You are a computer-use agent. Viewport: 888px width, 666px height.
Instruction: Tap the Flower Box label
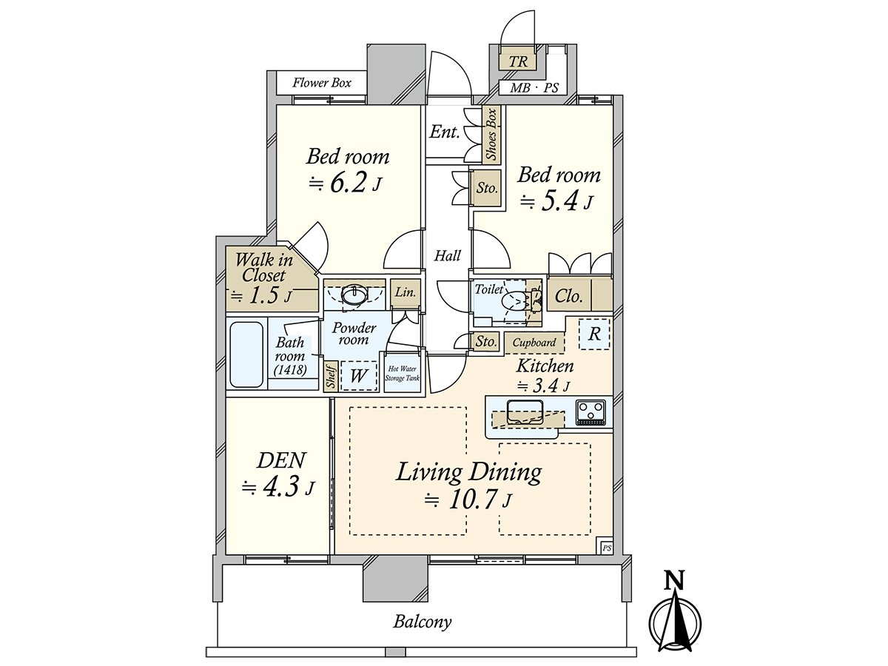[x=321, y=83]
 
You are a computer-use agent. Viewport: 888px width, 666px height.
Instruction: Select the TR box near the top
[x=519, y=61]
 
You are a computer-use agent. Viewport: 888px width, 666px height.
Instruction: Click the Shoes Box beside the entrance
[x=491, y=134]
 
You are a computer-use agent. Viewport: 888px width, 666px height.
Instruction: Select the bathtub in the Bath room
[x=246, y=354]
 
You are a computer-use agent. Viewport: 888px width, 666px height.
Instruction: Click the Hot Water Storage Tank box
[x=402, y=374]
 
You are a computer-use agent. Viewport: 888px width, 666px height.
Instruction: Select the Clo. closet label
[x=568, y=297]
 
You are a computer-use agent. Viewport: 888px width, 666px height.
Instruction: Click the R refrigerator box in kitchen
[x=594, y=334]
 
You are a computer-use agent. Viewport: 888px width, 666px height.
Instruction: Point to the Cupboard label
[x=534, y=343]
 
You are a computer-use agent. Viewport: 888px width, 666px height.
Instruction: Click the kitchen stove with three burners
[x=591, y=412]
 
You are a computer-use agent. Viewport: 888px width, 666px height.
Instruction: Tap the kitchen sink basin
[x=525, y=409]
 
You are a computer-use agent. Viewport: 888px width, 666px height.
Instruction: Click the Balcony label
[x=422, y=622]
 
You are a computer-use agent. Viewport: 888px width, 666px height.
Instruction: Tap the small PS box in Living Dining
[x=606, y=548]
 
